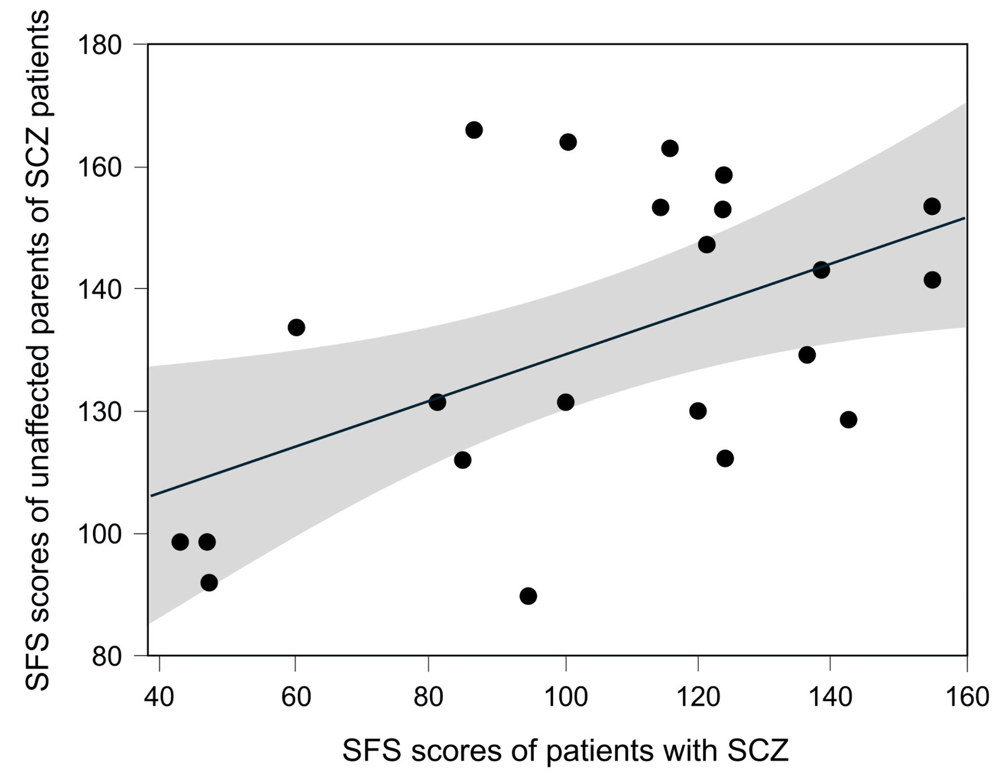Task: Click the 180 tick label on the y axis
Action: click(x=100, y=45)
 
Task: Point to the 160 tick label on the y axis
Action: click(x=100, y=167)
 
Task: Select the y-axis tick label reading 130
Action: click(x=100, y=412)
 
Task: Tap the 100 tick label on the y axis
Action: click(x=100, y=534)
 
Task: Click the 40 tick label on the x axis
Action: click(x=160, y=697)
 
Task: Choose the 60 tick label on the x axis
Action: click(x=295, y=697)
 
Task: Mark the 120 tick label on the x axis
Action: click(x=698, y=697)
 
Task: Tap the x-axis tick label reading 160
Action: click(x=966, y=697)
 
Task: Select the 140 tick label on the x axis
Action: click(x=831, y=697)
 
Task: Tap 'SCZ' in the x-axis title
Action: click(x=758, y=750)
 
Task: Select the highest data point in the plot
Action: click(x=474, y=130)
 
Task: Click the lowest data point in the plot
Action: click(x=528, y=596)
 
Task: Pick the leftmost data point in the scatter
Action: click(x=180, y=542)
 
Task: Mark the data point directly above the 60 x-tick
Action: click(x=297, y=328)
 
